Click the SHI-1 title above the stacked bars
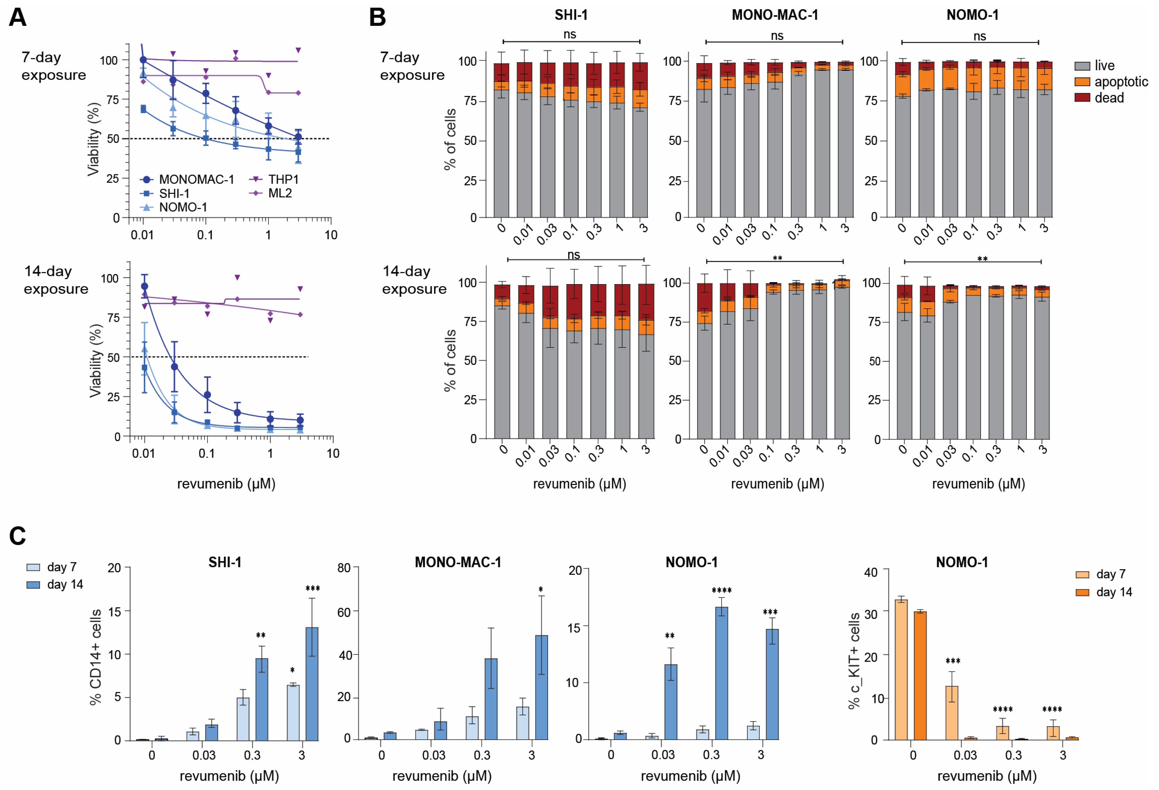coord(571,15)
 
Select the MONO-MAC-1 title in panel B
coord(774,15)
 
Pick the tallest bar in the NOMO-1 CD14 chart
coord(722,673)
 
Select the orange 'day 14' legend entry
coord(1114,592)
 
